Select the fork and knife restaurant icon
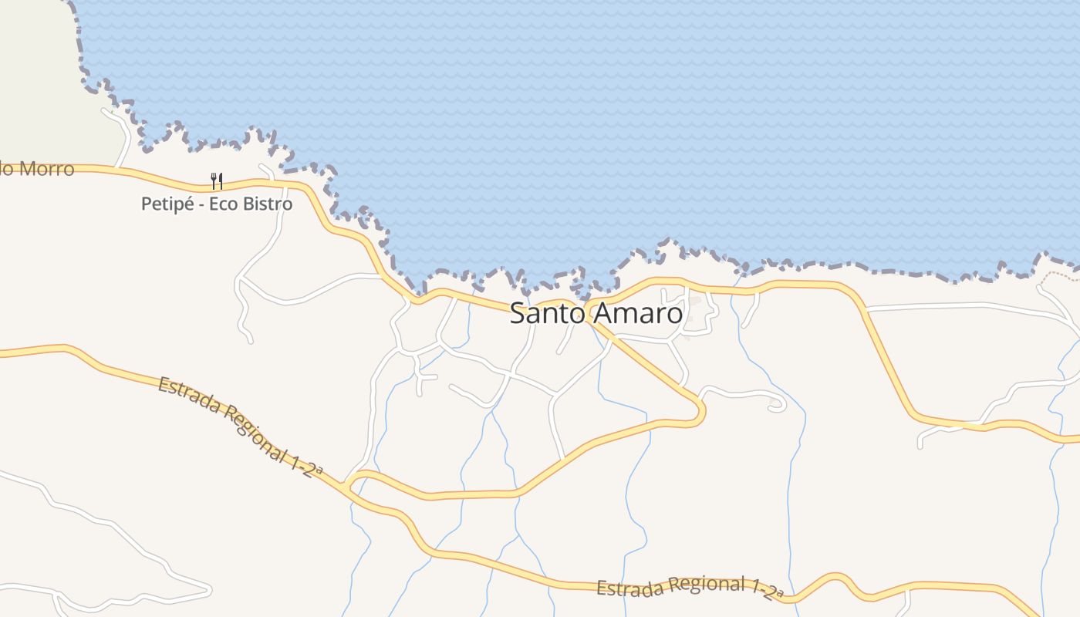pyautogui.click(x=217, y=181)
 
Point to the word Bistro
pyautogui.click(x=267, y=204)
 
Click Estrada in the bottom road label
pyautogui.click(x=630, y=588)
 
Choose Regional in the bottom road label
pyautogui.click(x=707, y=584)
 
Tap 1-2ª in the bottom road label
pyautogui.click(x=768, y=590)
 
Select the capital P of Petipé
pyautogui.click(x=146, y=204)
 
